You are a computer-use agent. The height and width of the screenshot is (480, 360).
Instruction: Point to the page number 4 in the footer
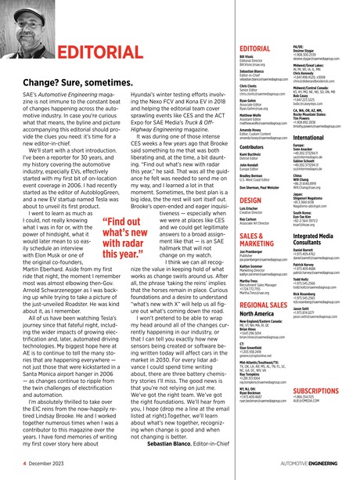pos(13,464)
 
